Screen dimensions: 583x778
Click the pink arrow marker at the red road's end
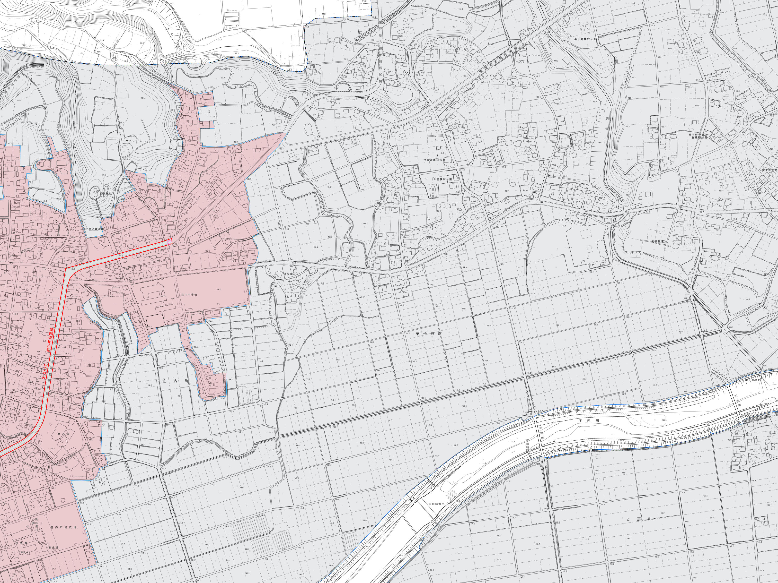point(169,242)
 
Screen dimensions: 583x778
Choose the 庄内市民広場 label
point(63,527)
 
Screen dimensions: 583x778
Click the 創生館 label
point(53,548)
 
